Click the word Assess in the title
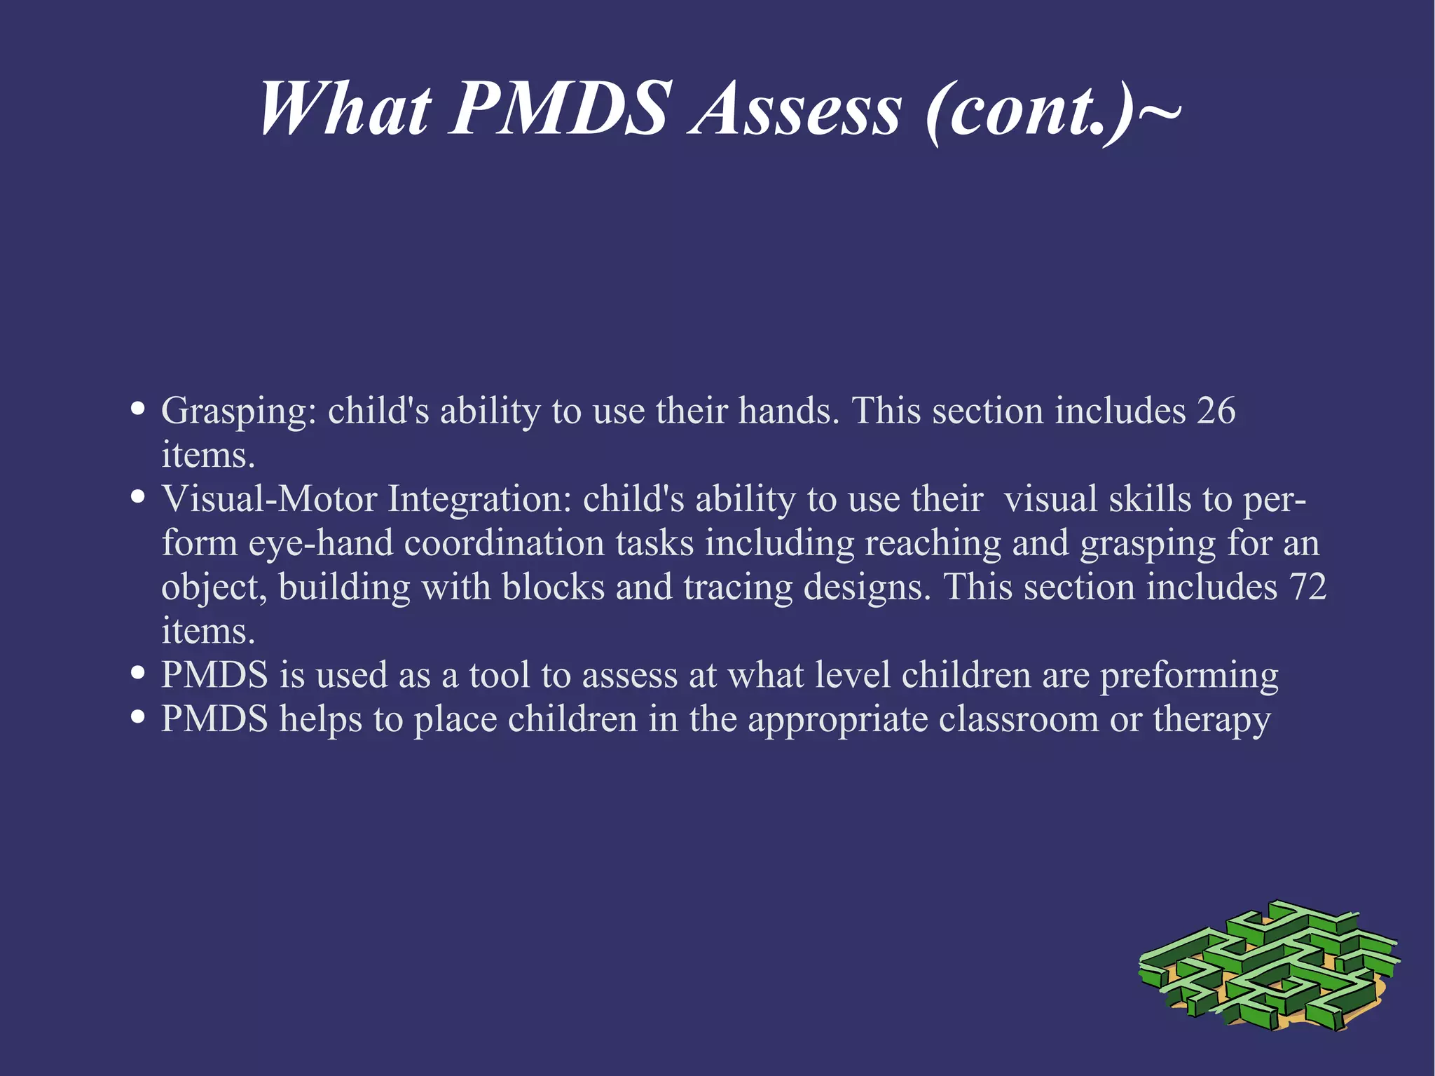(x=795, y=110)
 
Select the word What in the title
(x=344, y=110)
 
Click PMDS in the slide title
(x=561, y=110)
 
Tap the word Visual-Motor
(x=270, y=499)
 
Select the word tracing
(x=738, y=588)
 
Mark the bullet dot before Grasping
(x=138, y=409)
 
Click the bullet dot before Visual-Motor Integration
(x=138, y=497)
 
